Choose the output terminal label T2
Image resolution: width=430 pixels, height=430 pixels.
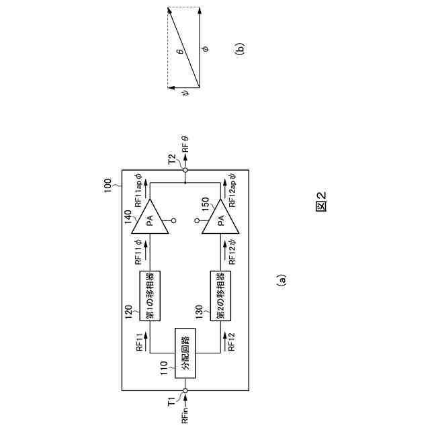pos(172,159)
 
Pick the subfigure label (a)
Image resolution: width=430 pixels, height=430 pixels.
pos(282,280)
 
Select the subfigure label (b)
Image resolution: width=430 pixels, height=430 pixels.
pos(241,48)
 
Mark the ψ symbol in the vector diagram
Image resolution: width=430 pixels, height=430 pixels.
pos(186,93)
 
